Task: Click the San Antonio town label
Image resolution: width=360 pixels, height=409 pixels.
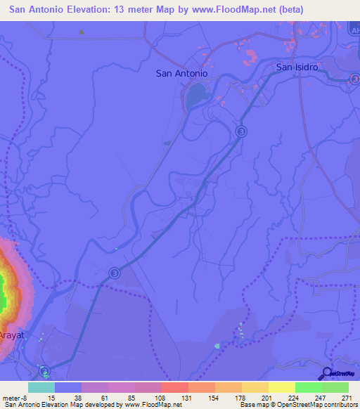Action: point(181,73)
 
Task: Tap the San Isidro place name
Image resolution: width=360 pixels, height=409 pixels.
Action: point(297,67)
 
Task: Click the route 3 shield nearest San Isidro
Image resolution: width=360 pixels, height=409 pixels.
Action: point(242,131)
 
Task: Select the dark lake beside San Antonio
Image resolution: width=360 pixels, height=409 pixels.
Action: point(198,93)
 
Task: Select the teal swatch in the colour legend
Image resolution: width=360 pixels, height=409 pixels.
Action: point(41,387)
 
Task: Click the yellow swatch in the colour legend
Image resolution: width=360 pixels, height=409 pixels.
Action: point(281,387)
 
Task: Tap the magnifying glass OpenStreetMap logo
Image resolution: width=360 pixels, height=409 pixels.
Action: point(326,374)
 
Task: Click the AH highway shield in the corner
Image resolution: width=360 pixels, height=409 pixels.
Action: point(354,26)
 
